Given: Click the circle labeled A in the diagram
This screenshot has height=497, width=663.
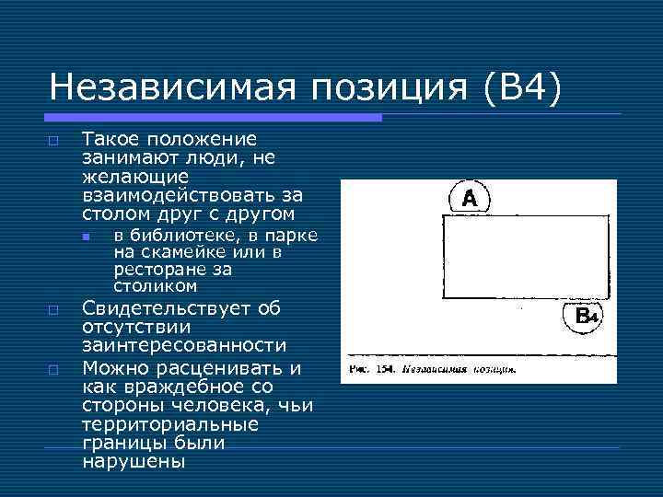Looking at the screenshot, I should coord(470,198).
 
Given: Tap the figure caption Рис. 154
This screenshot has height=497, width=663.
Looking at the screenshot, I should coord(372,370).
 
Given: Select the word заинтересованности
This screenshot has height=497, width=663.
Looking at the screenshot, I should coord(184,345).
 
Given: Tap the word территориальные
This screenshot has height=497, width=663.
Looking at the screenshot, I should coord(170,425).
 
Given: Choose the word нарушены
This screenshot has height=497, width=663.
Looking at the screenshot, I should coord(132,462).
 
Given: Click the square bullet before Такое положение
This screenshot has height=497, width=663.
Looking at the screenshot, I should coord(53,140).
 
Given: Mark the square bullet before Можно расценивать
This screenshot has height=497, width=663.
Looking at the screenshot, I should coord(53,369).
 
